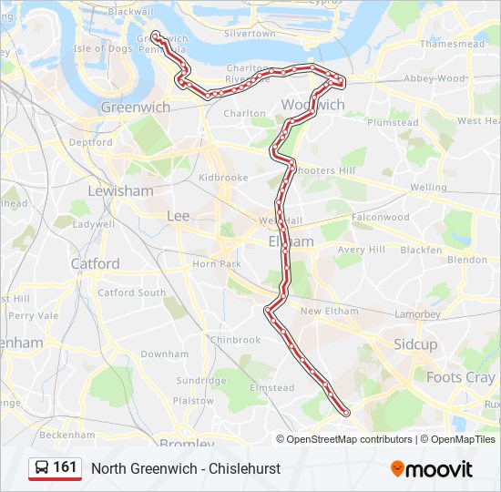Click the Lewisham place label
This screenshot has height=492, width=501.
120,190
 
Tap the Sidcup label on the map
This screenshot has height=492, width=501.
415,344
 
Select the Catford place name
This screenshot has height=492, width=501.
95,263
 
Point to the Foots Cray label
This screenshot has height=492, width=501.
461,376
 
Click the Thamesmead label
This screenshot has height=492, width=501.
452,44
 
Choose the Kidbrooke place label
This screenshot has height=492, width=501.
223,178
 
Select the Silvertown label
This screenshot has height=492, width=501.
249,34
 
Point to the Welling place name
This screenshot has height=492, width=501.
428,188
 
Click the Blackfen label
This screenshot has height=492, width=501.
421,250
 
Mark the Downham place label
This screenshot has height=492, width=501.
165,354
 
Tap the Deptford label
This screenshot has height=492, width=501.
90,143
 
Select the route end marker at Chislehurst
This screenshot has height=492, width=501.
345,413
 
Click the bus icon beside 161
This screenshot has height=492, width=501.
42,468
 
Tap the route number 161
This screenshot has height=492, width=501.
65,467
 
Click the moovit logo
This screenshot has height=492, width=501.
432,469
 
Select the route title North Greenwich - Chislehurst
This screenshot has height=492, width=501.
186,468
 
